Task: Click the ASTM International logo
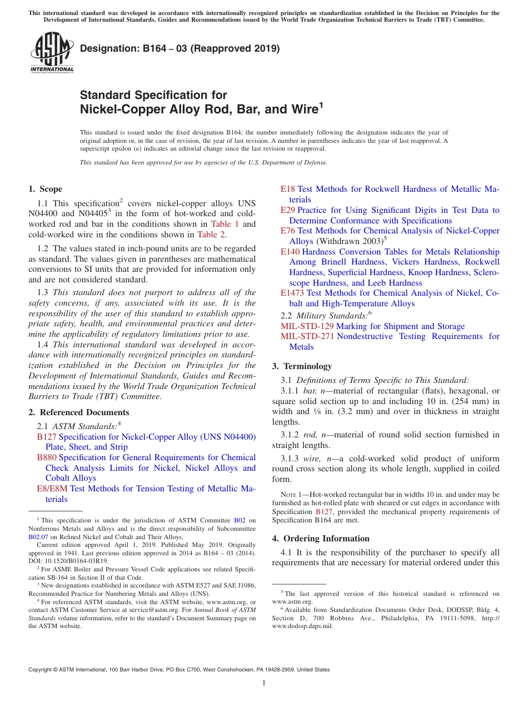pyautogui.click(x=52, y=52)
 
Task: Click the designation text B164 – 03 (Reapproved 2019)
pyautogui.click(x=180, y=49)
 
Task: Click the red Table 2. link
pyautogui.click(x=212, y=235)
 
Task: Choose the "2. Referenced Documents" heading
pyautogui.click(x=78, y=412)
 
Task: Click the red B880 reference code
pyautogui.click(x=47, y=457)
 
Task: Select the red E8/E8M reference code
pyautogui.click(x=48, y=489)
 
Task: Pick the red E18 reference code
pyautogui.click(x=288, y=189)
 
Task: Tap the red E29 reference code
pyautogui.click(x=288, y=210)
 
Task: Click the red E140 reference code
pyautogui.click(x=290, y=252)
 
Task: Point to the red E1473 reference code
pyautogui.click(x=292, y=293)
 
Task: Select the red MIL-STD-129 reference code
pyautogui.click(x=307, y=326)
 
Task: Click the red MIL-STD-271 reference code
pyautogui.click(x=307, y=336)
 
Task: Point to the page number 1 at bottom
pyautogui.click(x=264, y=683)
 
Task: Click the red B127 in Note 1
pyautogui.click(x=323, y=512)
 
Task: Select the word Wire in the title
pyautogui.click(x=301, y=109)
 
